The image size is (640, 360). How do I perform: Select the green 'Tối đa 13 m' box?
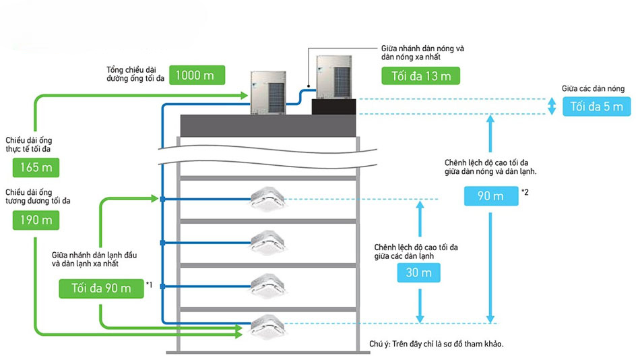(x=421, y=76)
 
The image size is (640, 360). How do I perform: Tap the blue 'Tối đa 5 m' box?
(x=596, y=107)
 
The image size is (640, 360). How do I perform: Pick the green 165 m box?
(x=36, y=167)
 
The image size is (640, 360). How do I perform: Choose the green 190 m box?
(x=36, y=219)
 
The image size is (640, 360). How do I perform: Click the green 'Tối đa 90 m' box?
(x=101, y=288)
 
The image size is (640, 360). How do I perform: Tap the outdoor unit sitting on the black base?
(x=334, y=76)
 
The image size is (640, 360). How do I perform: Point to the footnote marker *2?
(x=524, y=193)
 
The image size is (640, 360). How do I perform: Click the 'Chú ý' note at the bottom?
(x=437, y=344)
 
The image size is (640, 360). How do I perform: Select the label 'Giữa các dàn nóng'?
(x=593, y=88)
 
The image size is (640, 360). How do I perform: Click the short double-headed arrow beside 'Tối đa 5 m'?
(x=551, y=107)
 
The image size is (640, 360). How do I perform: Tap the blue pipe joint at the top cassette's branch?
(x=163, y=199)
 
